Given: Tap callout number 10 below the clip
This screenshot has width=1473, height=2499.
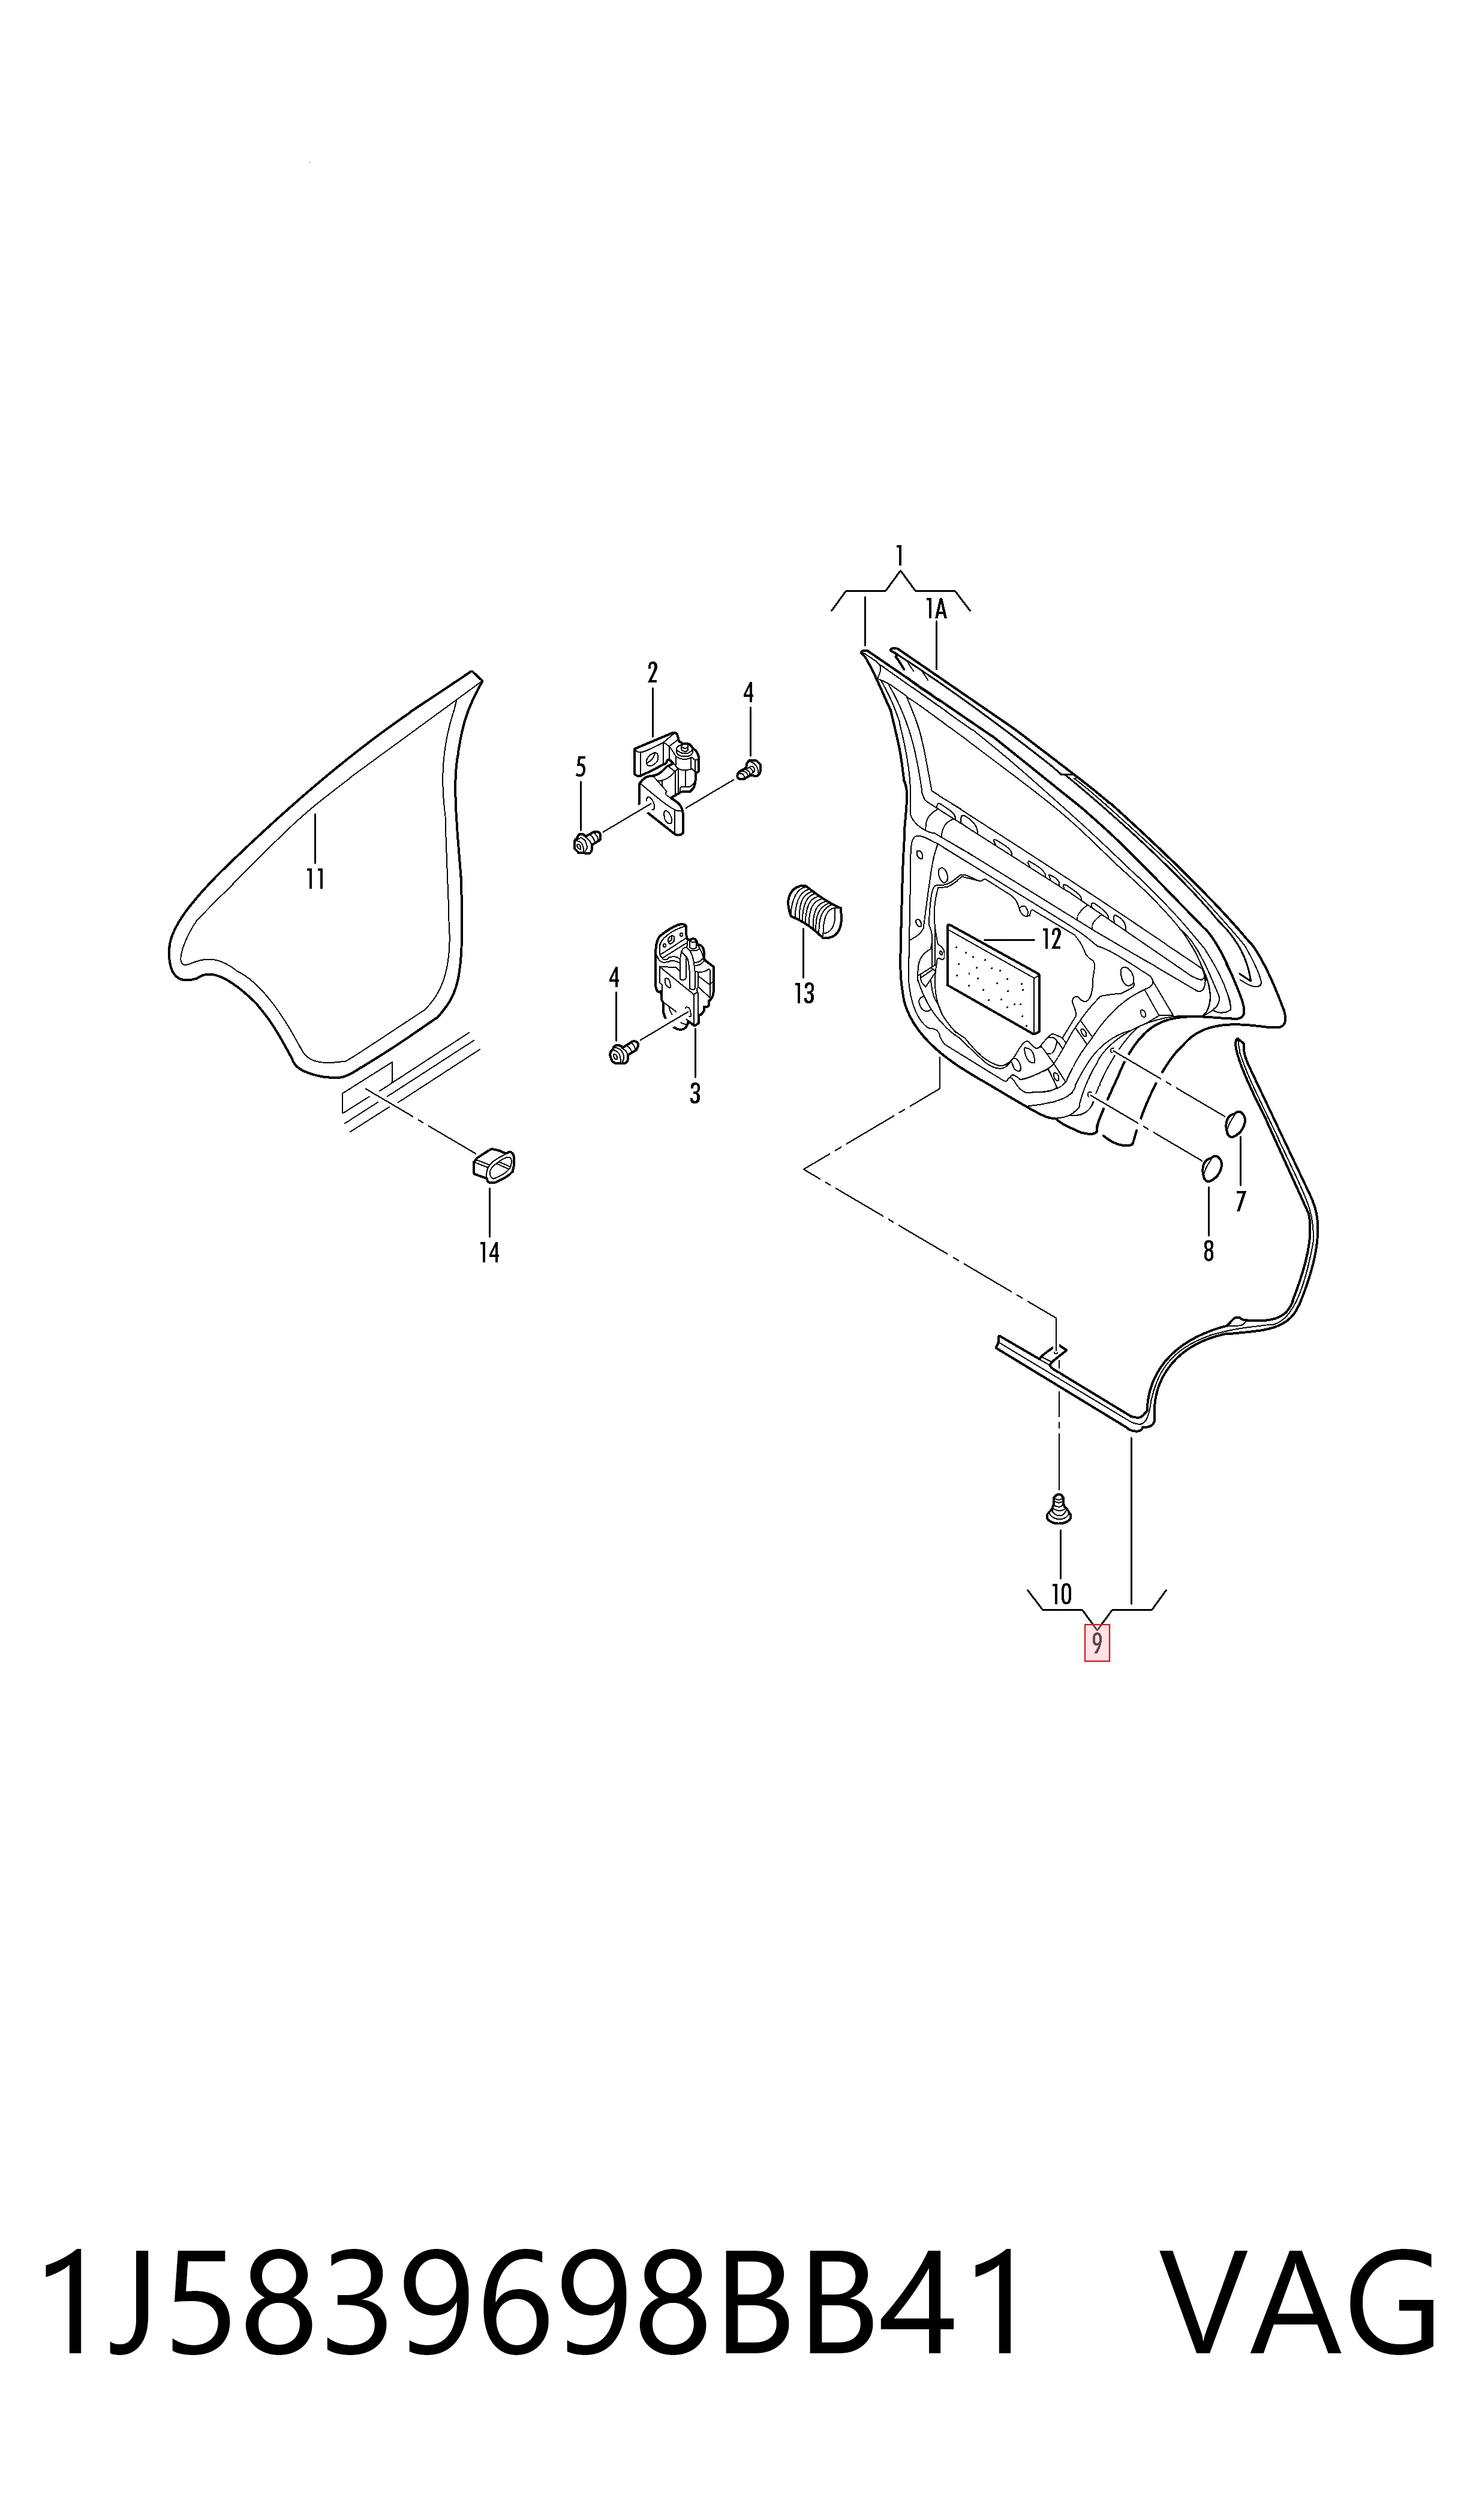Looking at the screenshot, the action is tap(1061, 1594).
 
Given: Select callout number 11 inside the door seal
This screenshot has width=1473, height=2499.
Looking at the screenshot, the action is tap(315, 879).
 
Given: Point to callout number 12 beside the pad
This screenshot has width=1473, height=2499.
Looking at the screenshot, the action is tap(1051, 939).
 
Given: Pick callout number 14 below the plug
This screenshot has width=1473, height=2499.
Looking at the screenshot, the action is tap(489, 1252).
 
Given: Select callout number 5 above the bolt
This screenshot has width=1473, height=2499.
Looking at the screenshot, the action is tap(581, 766).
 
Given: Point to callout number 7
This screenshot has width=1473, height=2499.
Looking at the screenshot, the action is tap(1241, 1201).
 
